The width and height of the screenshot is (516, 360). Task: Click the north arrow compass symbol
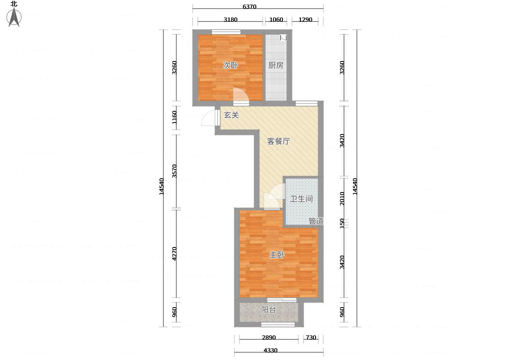pos(14,17)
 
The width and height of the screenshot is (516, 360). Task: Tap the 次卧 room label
pos(230,65)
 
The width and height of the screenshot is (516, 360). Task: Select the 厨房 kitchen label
pos(276,65)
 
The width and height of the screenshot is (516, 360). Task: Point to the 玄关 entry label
pos(231,115)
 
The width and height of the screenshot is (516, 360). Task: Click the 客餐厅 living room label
pos(279,141)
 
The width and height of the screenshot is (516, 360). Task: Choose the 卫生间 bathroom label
pos(301,199)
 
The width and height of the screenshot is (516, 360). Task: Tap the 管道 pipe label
pos(316,221)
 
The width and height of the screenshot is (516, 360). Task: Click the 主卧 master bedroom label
pos(277,255)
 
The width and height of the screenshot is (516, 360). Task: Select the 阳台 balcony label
pos(269,310)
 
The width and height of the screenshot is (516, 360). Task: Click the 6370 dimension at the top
pos(249,6)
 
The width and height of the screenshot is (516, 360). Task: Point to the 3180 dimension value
pos(230,20)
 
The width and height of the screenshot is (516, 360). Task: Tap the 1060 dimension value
pos(276,20)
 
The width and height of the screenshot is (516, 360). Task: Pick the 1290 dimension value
pos(305,20)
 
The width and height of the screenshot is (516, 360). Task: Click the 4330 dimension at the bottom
pos(270,350)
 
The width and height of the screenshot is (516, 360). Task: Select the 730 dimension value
pos(311,337)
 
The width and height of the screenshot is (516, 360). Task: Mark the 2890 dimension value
pos(269,337)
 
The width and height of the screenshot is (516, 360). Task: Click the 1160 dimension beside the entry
pos(175,117)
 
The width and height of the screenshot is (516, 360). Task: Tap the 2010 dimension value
pos(342,198)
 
